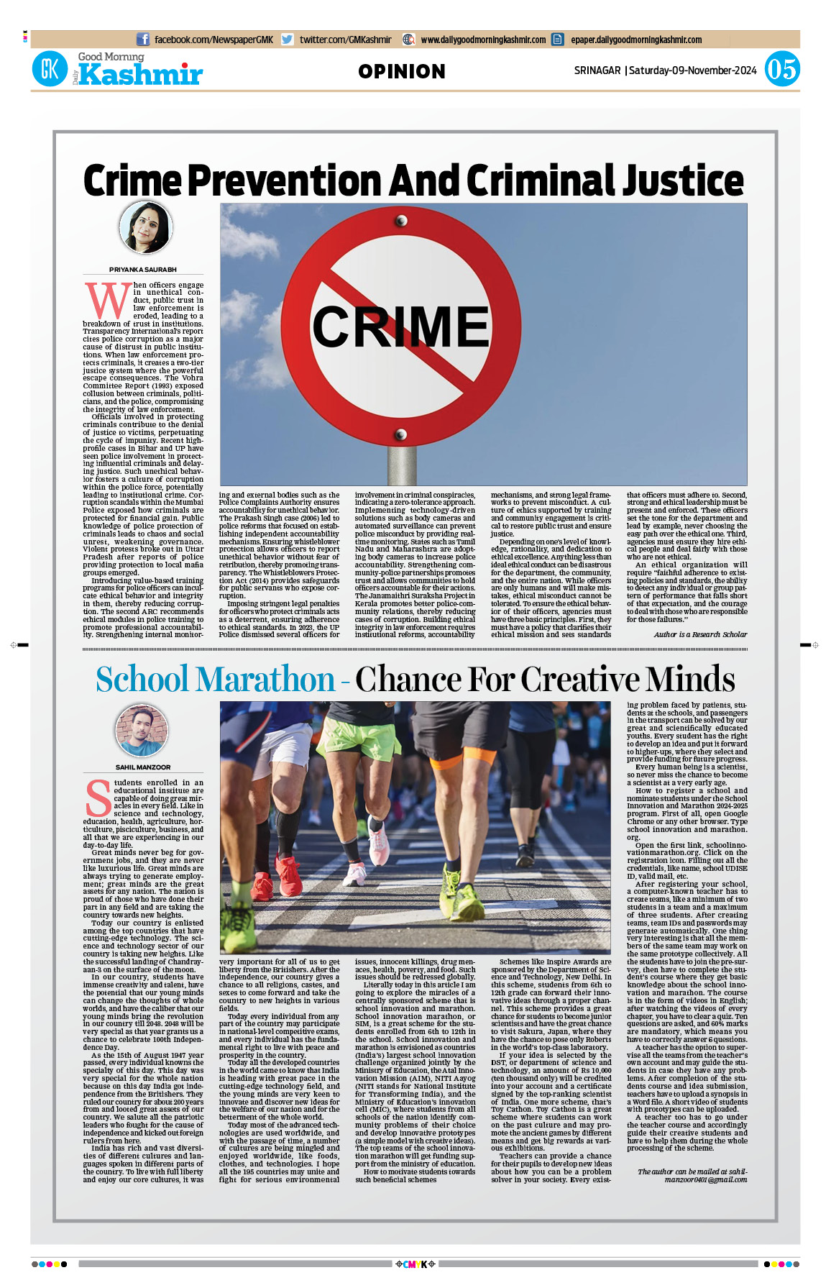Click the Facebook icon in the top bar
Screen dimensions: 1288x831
coord(143,40)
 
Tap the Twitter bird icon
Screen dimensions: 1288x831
coord(288,40)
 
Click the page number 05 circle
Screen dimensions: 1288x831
coord(781,70)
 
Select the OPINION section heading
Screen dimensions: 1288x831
coord(402,71)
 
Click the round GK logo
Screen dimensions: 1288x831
coord(50,70)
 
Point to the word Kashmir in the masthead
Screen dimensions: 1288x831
coord(141,75)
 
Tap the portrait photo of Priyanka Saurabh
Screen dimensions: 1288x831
coord(145,227)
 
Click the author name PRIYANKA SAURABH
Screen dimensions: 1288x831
coord(143,270)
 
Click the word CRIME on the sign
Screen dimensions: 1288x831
coord(400,326)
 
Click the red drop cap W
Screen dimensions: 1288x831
coord(107,300)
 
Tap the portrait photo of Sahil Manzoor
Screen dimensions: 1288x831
coord(143,731)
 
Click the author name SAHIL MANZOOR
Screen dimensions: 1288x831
coord(143,767)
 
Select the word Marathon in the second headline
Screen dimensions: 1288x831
coord(265,679)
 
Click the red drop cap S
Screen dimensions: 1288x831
coord(98,799)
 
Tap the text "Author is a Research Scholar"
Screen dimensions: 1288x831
coord(700,634)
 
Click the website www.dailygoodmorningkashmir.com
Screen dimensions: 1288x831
coord(483,40)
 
